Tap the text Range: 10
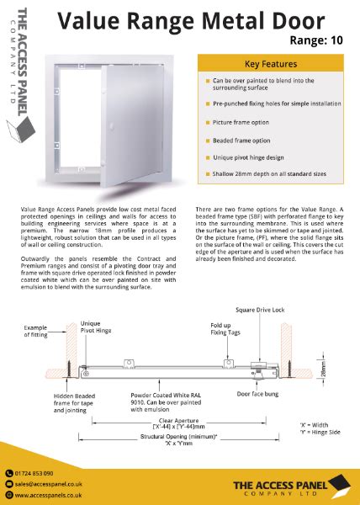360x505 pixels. [315, 39]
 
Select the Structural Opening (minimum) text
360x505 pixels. [183, 440]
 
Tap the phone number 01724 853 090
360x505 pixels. [34, 473]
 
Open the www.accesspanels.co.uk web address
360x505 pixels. [49, 495]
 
